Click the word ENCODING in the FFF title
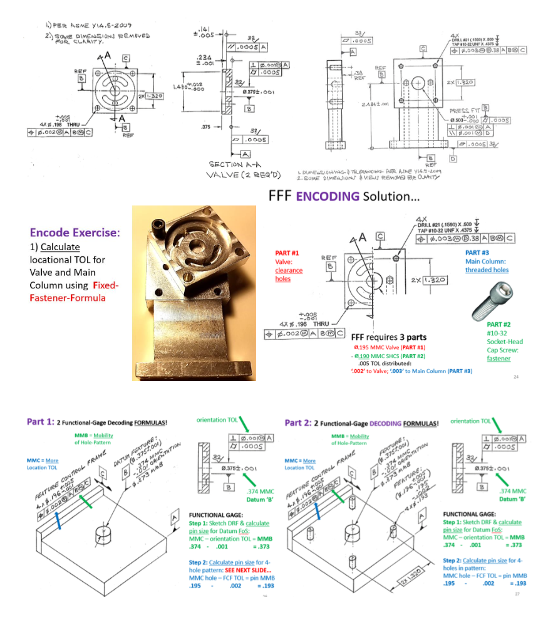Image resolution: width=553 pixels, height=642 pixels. pyautogui.click(x=328, y=196)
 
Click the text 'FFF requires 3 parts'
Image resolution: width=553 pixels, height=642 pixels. pyautogui.click(x=388, y=337)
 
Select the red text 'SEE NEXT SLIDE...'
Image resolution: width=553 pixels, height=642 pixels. pyautogui.click(x=245, y=570)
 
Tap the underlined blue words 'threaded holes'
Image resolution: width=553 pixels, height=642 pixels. pyautogui.click(x=487, y=270)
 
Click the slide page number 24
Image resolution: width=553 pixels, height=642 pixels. pyautogui.click(x=516, y=377)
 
